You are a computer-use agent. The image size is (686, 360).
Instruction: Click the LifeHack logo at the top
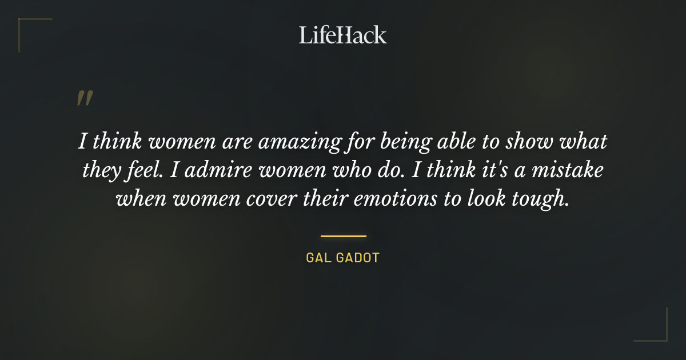(342, 35)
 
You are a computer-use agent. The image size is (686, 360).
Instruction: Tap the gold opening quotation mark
(84, 98)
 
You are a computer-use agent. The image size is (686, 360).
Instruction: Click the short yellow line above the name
(343, 235)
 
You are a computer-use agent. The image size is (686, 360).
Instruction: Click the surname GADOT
(359, 258)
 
